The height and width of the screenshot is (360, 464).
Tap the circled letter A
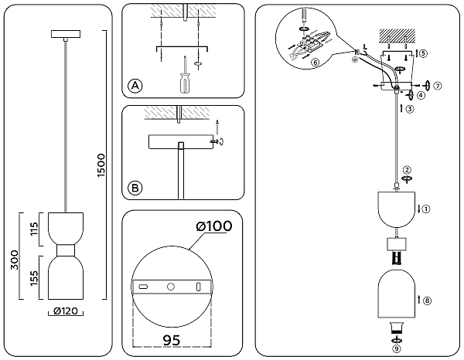tap(135, 86)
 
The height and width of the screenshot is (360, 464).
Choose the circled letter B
tap(135, 187)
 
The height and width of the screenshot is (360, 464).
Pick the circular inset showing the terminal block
tap(308, 38)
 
